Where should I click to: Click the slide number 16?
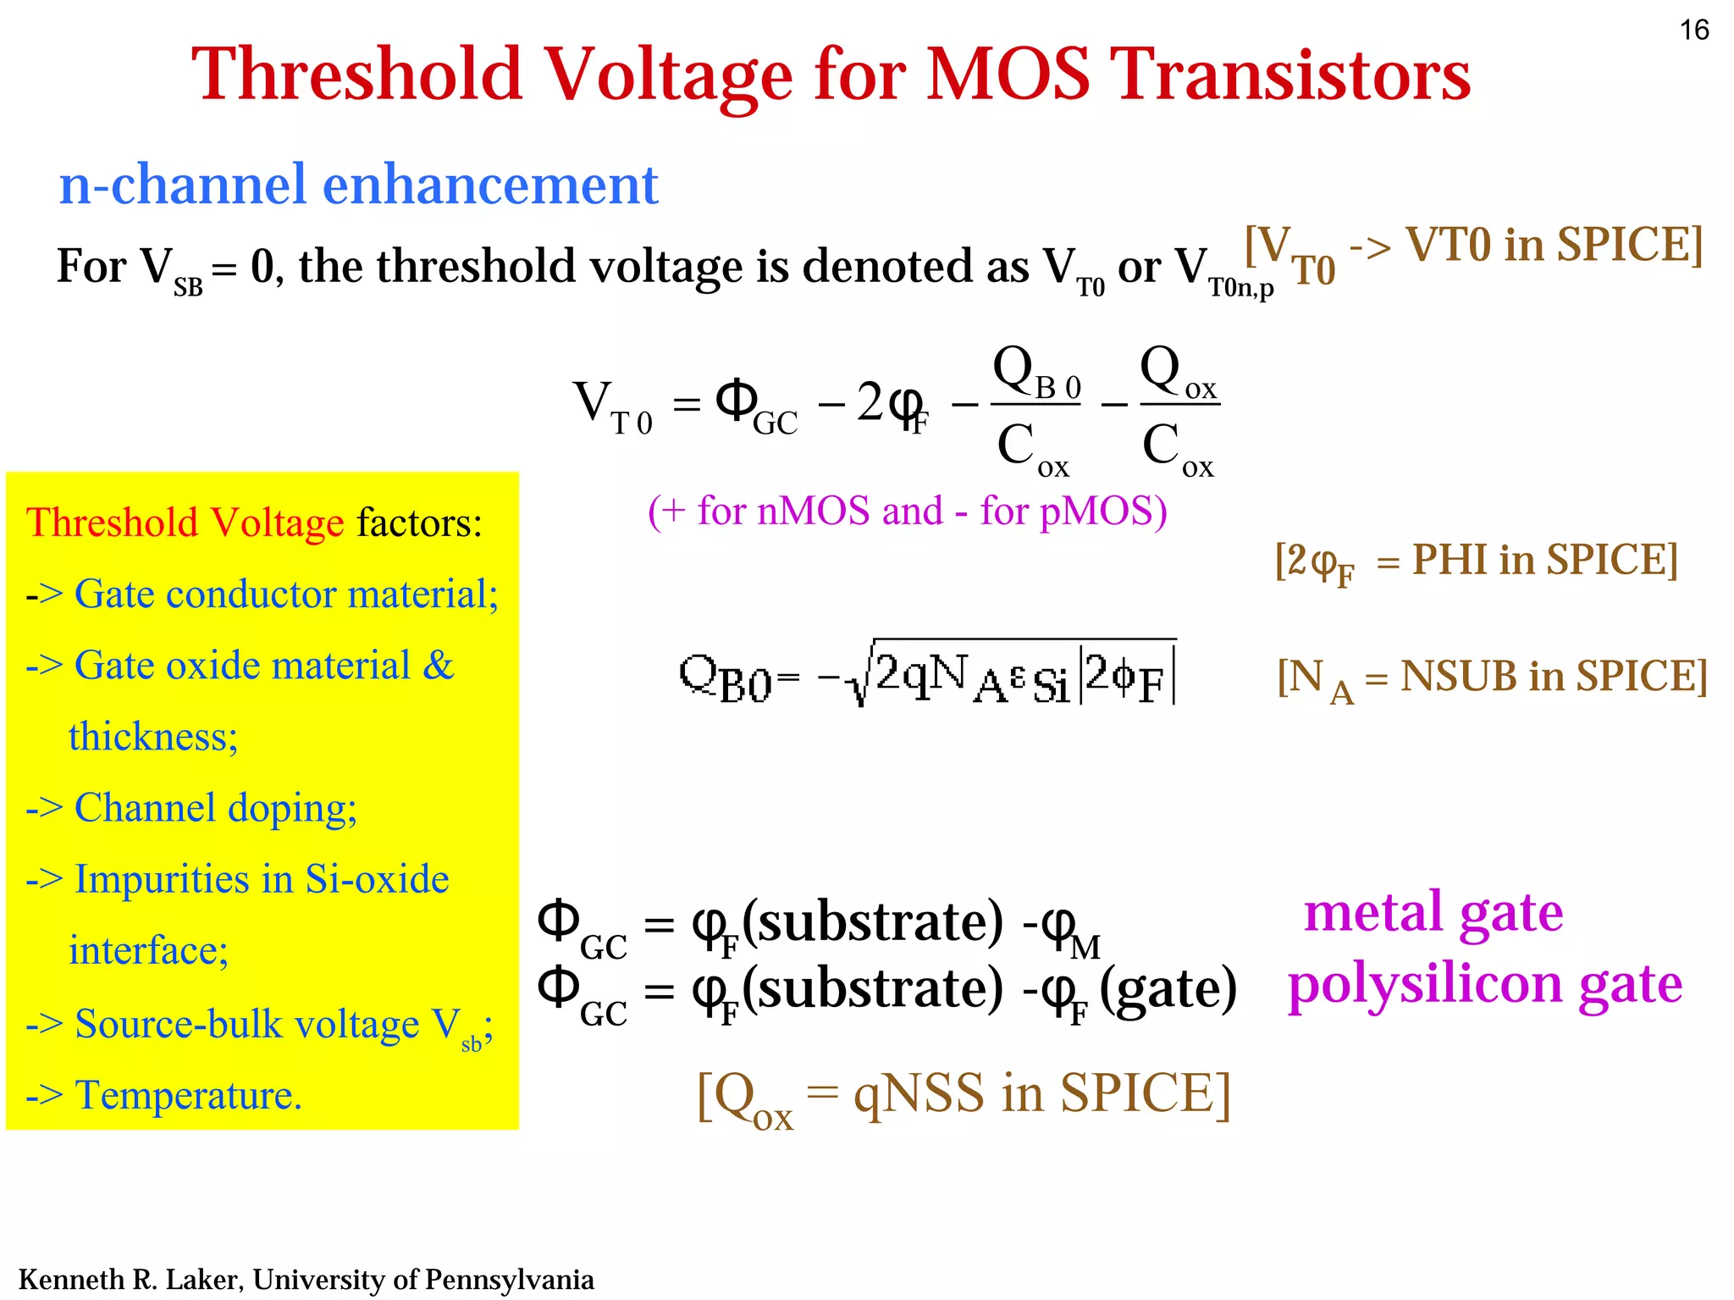click(x=1694, y=30)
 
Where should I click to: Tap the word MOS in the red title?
click(x=1008, y=75)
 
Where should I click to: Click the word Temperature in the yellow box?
click(x=188, y=1095)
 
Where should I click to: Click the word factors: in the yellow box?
click(x=419, y=523)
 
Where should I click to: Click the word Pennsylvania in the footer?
click(x=509, y=1279)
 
